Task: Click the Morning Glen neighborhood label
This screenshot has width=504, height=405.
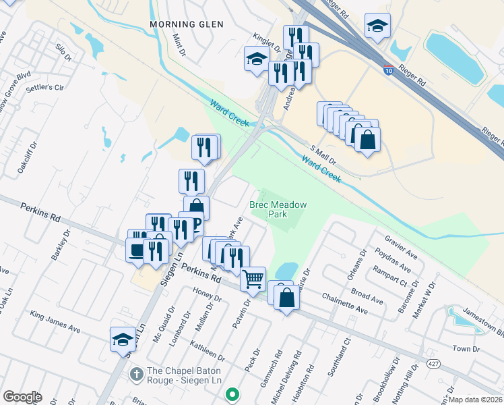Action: tap(186, 24)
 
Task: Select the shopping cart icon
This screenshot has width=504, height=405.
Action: tap(253, 278)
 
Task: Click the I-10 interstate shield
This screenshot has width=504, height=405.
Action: tap(389, 68)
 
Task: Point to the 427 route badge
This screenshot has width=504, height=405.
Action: tap(431, 364)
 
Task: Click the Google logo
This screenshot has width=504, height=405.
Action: tap(22, 397)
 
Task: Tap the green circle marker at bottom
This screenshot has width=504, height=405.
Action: tap(232, 393)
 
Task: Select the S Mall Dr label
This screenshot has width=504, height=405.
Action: tap(323, 155)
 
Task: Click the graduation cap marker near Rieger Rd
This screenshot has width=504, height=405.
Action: tap(377, 26)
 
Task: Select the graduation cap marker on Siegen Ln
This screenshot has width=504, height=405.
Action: tap(123, 339)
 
